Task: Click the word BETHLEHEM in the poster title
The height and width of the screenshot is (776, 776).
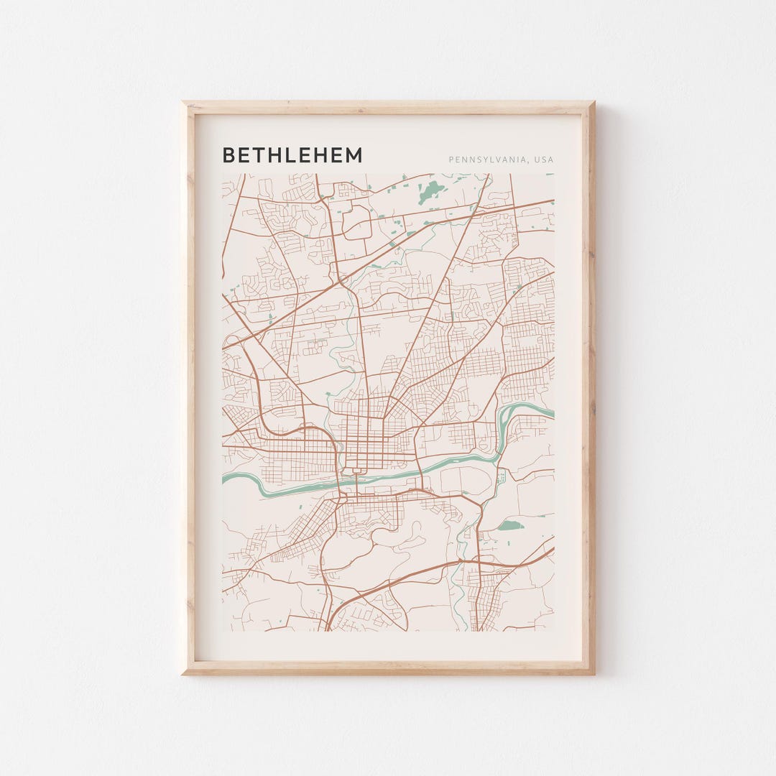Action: click(292, 155)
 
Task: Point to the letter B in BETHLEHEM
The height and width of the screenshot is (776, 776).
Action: click(228, 155)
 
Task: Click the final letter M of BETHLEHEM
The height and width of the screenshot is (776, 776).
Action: click(354, 155)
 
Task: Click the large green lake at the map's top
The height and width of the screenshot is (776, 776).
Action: click(432, 190)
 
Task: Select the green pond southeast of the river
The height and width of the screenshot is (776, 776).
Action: click(509, 526)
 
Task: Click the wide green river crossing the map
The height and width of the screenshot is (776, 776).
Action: click(402, 475)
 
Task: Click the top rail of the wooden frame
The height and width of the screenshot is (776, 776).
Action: click(388, 108)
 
